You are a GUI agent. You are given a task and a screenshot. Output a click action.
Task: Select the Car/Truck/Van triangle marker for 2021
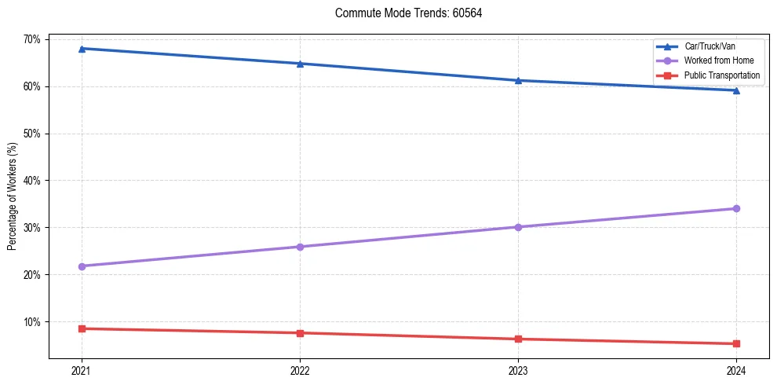tap(82, 49)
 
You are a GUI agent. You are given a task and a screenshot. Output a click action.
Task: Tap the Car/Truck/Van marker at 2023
tap(518, 80)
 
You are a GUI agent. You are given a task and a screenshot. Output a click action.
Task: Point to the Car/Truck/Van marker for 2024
tap(736, 90)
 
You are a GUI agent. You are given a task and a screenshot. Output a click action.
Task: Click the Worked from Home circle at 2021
tap(82, 266)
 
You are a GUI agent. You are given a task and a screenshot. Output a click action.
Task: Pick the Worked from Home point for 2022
tap(300, 247)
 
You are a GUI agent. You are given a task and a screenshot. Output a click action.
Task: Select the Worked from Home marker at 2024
tap(736, 208)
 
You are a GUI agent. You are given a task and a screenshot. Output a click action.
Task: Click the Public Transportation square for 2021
tap(82, 328)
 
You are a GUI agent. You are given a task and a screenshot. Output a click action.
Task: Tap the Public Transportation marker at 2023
tap(518, 339)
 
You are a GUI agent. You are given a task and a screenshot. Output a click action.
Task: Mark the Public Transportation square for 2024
tap(736, 343)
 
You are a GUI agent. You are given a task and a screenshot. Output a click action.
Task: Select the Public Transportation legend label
tap(722, 75)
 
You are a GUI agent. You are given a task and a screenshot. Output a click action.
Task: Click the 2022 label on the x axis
tap(300, 371)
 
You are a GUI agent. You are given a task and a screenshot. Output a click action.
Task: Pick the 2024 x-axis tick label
tap(736, 371)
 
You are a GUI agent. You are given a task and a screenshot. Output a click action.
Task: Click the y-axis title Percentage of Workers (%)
tap(12, 196)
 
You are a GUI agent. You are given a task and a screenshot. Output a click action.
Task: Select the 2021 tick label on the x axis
tap(82, 371)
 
